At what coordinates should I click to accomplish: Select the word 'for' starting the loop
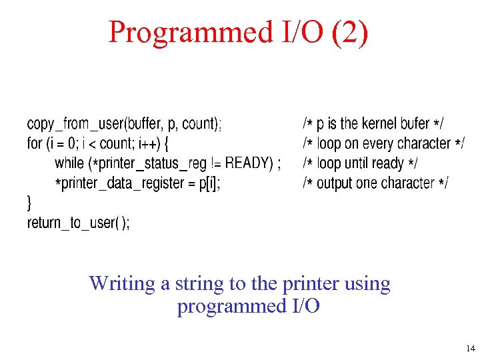34,143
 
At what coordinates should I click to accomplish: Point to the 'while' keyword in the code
69,163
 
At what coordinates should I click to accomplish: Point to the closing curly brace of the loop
29,201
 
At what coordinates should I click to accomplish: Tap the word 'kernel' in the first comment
379,124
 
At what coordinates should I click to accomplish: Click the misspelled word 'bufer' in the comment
415,124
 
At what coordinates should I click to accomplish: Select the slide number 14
471,348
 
